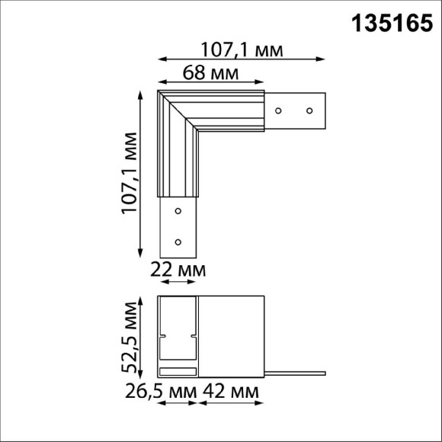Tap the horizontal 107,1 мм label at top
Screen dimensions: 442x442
point(242,50)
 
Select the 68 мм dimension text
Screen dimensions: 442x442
point(209,74)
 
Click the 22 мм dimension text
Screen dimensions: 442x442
point(178,271)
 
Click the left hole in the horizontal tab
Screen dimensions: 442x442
point(280,110)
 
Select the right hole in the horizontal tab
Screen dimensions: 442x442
point(309,110)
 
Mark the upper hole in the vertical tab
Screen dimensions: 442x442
point(178,210)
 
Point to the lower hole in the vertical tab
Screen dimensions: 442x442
point(178,242)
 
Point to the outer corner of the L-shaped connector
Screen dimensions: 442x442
point(159,93)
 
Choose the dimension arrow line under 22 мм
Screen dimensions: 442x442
point(177,283)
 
